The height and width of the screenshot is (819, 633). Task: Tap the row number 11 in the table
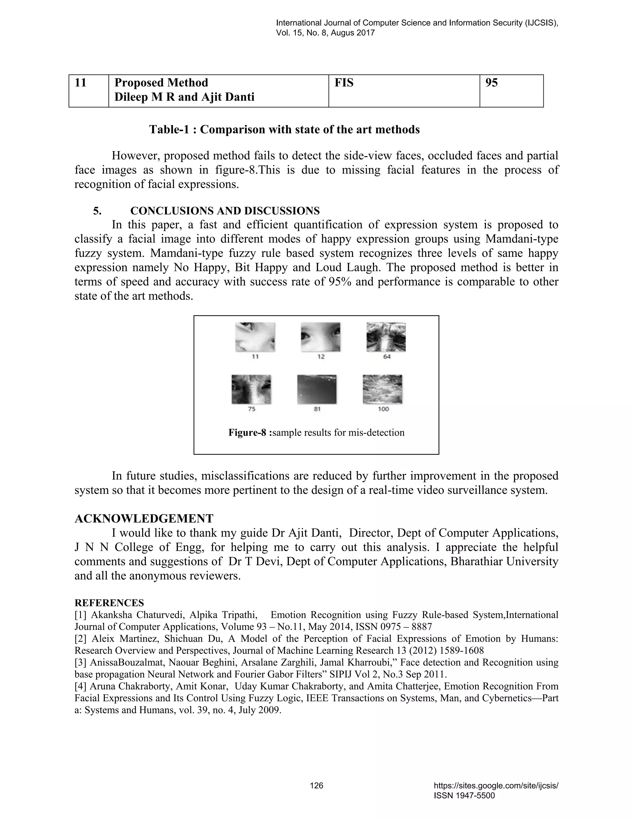coord(81,83)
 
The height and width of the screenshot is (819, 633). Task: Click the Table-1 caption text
coord(284,129)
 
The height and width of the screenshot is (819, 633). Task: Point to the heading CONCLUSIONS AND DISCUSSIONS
coord(225,211)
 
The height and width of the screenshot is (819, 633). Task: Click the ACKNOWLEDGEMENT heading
coord(144,519)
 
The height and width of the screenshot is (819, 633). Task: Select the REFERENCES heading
coord(109,603)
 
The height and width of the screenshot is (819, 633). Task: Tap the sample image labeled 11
coord(255,337)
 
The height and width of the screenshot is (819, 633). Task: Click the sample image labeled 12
coord(321,337)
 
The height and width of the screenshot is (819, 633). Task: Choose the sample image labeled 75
coord(251,389)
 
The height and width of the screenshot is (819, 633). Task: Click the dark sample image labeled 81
coord(317,389)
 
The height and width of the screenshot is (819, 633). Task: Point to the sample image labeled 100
coord(383,389)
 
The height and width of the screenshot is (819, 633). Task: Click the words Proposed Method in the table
coord(161,83)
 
